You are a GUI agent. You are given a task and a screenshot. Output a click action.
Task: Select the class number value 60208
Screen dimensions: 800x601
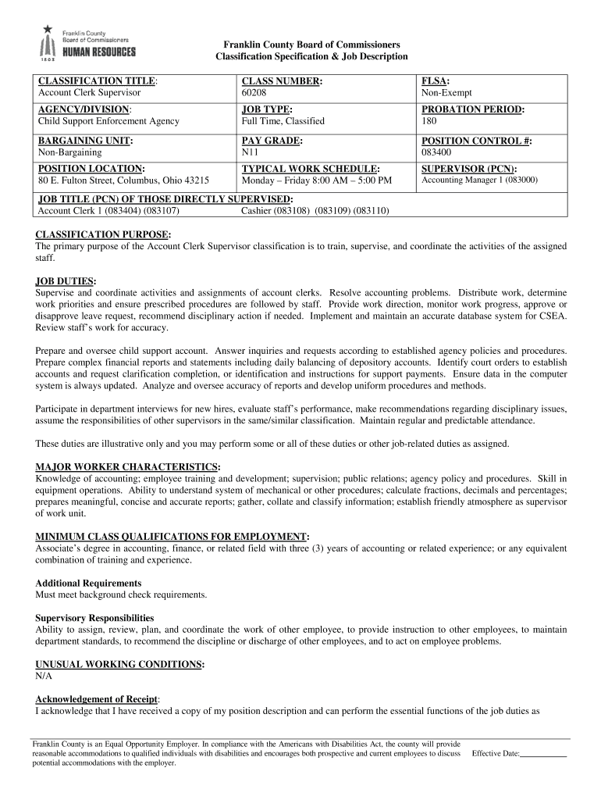254,93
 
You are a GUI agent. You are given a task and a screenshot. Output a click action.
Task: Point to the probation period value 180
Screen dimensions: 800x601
429,121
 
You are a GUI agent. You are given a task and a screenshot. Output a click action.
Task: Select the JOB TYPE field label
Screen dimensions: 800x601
267,110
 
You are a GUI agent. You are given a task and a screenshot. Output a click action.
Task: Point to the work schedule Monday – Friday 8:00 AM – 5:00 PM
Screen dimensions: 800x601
317,180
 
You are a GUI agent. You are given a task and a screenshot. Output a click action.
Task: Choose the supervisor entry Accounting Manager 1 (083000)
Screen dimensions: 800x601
479,180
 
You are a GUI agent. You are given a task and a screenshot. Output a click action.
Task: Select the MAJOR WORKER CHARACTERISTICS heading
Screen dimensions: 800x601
127,466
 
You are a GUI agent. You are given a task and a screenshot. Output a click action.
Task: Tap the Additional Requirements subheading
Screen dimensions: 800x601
88,583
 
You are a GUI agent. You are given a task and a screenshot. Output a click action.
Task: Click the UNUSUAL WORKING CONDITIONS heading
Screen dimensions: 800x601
120,664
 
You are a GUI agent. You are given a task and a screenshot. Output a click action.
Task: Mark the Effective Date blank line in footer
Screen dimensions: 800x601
543,755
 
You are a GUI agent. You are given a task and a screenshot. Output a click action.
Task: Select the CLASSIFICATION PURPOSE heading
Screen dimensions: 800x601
104,234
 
